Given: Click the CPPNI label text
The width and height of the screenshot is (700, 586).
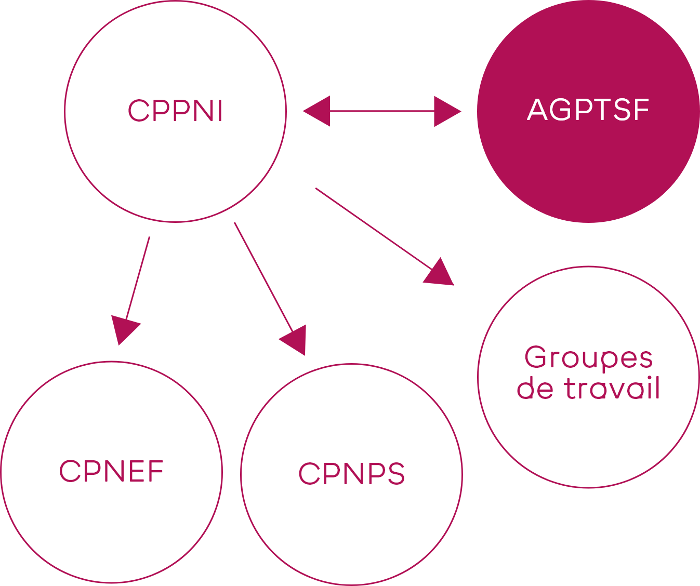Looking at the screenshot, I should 175,111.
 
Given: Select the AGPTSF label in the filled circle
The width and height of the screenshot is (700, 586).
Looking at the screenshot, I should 588,110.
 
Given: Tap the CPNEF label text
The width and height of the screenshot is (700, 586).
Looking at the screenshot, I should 111,471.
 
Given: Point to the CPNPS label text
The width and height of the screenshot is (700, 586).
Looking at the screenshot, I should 351,473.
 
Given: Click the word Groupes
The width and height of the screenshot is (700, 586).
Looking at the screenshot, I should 588,358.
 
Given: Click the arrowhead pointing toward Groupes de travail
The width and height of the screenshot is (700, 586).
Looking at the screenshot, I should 439,273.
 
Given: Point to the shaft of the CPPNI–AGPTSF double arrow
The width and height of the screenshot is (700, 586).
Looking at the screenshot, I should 382,111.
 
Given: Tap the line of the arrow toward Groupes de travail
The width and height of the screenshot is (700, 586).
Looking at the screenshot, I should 372,227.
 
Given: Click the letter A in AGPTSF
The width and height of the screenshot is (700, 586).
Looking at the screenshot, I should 537,110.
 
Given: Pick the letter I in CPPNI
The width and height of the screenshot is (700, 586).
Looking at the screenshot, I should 220,111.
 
